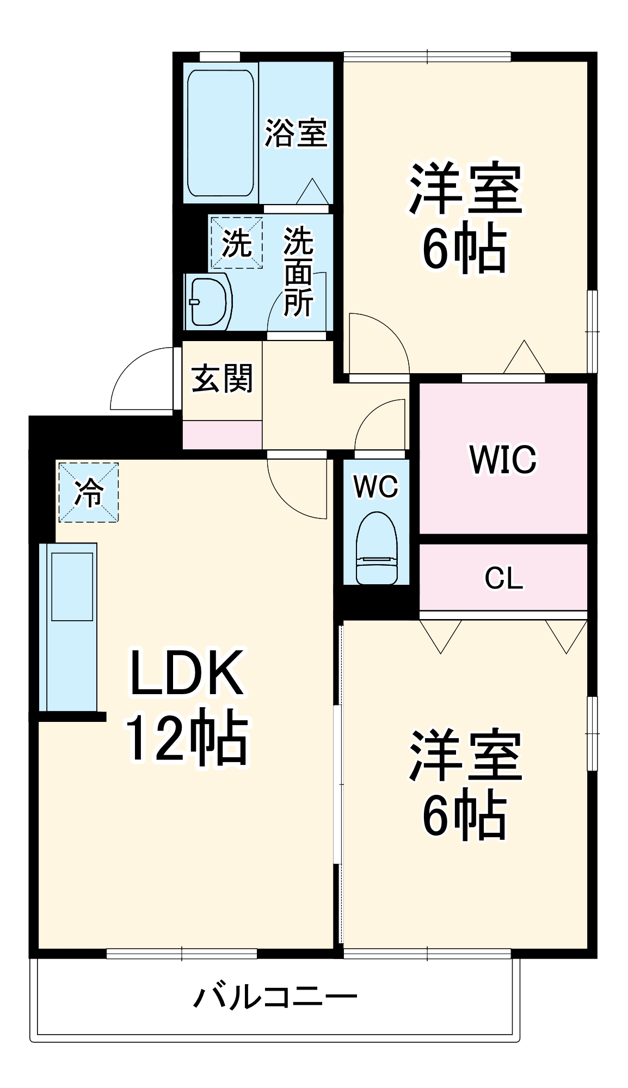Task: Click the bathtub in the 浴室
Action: click(220, 133)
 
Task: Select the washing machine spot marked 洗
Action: click(237, 243)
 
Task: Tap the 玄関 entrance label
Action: click(222, 379)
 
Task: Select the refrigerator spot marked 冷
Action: click(88, 492)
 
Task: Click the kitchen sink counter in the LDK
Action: click(71, 626)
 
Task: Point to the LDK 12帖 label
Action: click(186, 705)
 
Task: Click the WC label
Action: click(376, 486)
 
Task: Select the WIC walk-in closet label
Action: click(503, 460)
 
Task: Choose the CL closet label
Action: click(503, 578)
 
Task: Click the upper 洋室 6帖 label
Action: click(465, 218)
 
